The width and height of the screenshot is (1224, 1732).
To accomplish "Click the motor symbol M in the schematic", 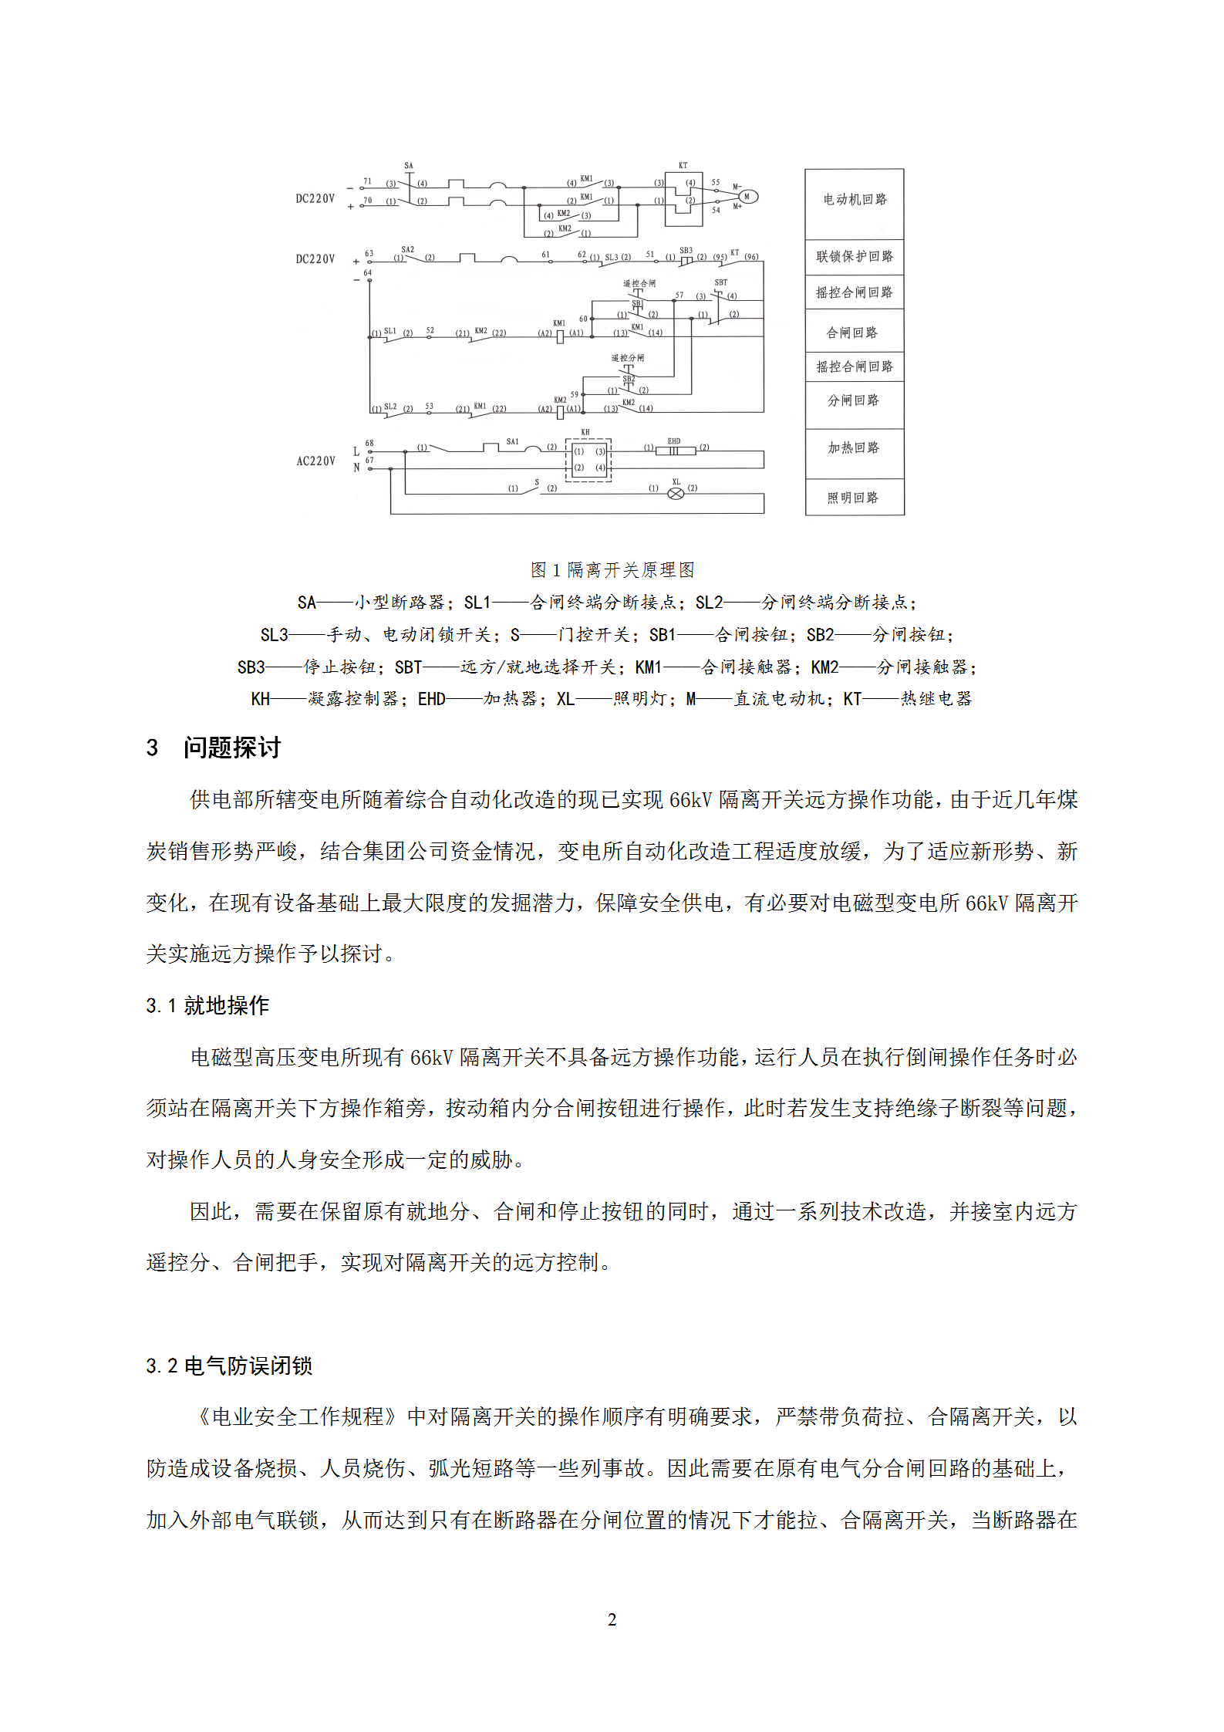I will tap(747, 197).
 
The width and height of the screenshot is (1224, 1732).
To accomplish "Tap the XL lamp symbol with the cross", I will tap(676, 494).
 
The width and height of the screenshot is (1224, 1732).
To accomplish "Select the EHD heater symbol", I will tap(674, 451).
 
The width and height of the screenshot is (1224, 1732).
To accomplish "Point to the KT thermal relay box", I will tap(683, 198).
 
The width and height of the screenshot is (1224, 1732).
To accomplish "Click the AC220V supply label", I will tap(316, 461).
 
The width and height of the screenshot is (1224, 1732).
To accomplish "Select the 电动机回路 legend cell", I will tap(855, 200).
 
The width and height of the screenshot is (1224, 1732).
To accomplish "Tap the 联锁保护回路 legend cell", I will tap(855, 256).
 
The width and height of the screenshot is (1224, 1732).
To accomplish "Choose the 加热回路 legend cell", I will tap(854, 448).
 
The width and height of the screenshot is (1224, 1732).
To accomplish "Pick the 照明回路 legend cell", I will tap(854, 498).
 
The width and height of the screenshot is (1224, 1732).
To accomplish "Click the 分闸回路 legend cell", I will tap(854, 400).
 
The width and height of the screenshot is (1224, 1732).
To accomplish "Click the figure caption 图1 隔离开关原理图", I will tap(612, 569).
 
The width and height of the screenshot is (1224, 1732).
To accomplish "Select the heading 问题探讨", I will tap(232, 748).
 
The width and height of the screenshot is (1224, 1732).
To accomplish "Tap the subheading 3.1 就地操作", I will tap(207, 1005).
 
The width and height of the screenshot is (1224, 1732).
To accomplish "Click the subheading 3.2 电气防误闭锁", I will tap(229, 1366).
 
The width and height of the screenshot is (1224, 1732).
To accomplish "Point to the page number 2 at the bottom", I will tap(612, 1620).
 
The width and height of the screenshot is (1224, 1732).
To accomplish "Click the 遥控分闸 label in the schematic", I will tap(628, 359).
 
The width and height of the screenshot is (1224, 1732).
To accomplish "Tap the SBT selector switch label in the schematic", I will tap(721, 283).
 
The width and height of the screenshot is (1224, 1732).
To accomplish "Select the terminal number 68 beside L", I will tap(369, 444).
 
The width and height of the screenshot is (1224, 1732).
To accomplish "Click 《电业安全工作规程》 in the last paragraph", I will tap(297, 1416).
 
